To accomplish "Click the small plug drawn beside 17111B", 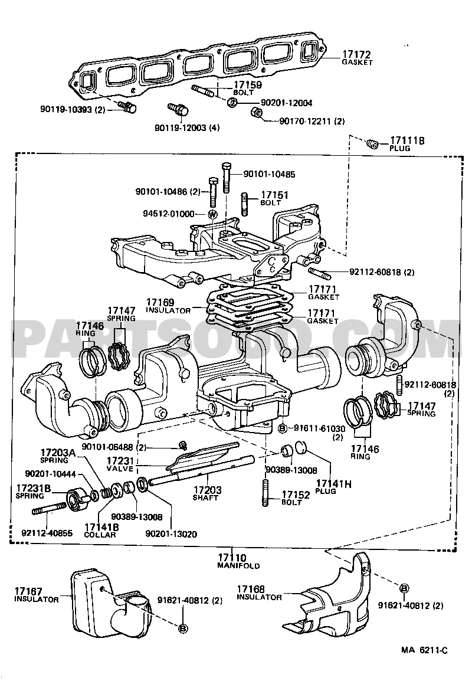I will tap(372, 143).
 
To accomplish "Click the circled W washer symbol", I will tap(213, 214).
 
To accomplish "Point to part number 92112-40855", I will tap(47, 533).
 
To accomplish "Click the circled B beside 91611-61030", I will tap(282, 428).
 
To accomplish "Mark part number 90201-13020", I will tap(171, 533).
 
